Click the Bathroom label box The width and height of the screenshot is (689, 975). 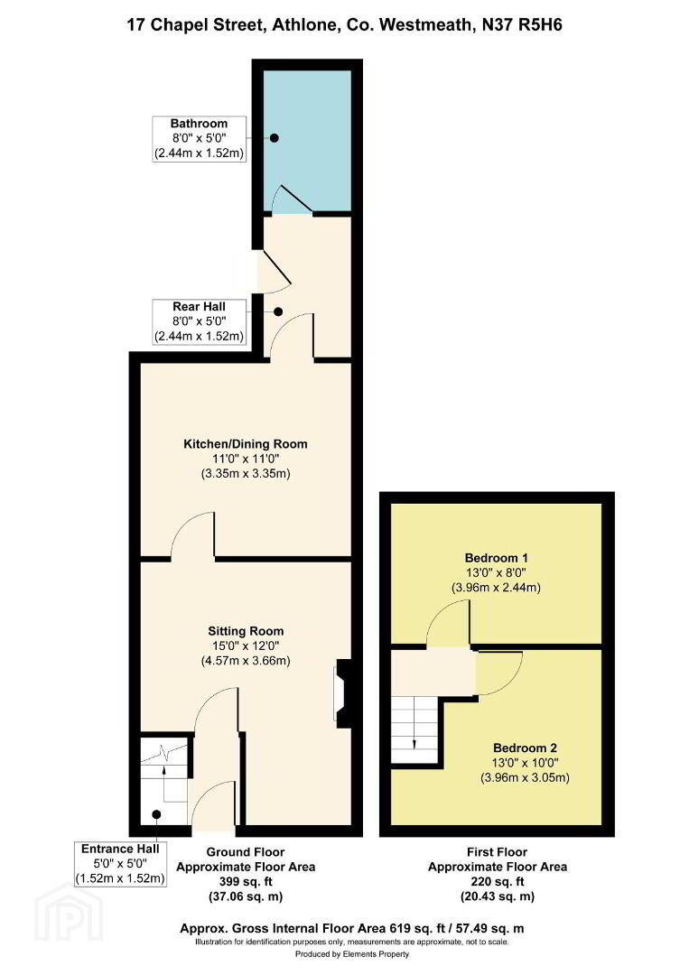coord(199,139)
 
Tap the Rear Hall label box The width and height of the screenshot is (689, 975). coord(199,321)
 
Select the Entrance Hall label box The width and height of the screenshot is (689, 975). coord(120,864)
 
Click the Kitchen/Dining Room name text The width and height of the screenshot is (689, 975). coord(245,444)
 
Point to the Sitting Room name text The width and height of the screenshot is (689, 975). coord(246,631)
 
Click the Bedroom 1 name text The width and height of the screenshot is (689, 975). coord(497,558)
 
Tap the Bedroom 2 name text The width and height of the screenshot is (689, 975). coord(525,748)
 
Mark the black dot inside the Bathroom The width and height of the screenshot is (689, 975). coord(274,138)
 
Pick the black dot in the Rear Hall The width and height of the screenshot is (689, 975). coord(278,311)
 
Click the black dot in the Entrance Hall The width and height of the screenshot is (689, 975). coord(157,814)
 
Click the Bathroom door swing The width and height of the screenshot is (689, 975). coord(293,199)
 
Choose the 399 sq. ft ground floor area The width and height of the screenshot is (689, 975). coord(246,882)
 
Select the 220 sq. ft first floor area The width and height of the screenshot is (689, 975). coord(498,882)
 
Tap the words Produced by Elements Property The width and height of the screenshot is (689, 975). coord(352,954)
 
